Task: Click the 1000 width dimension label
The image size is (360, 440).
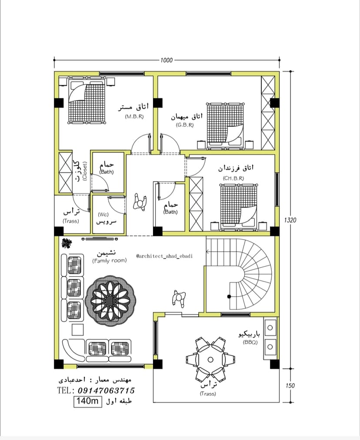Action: coord(167,60)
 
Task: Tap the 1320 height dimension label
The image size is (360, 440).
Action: coord(290,220)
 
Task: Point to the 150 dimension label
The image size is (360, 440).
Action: coord(290,386)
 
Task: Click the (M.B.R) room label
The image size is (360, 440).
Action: coord(134,117)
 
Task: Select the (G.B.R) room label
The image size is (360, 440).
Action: coord(185,125)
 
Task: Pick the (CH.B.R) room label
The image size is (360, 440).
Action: coord(233,178)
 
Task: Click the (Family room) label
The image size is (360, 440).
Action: coord(110,261)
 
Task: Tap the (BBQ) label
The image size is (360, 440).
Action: coord(250,342)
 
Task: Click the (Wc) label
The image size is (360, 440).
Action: coord(103,215)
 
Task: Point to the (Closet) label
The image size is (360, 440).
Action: coord(85,171)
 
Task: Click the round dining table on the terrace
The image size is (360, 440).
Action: coord(210,360)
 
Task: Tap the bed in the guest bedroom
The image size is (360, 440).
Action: coord(226,126)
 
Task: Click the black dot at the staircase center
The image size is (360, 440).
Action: coord(229,297)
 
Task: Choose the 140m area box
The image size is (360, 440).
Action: coord(88,401)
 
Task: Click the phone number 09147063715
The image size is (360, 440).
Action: coord(107,390)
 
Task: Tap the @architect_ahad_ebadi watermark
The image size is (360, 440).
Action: coord(164,256)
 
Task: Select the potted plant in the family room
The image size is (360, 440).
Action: coord(67,243)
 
